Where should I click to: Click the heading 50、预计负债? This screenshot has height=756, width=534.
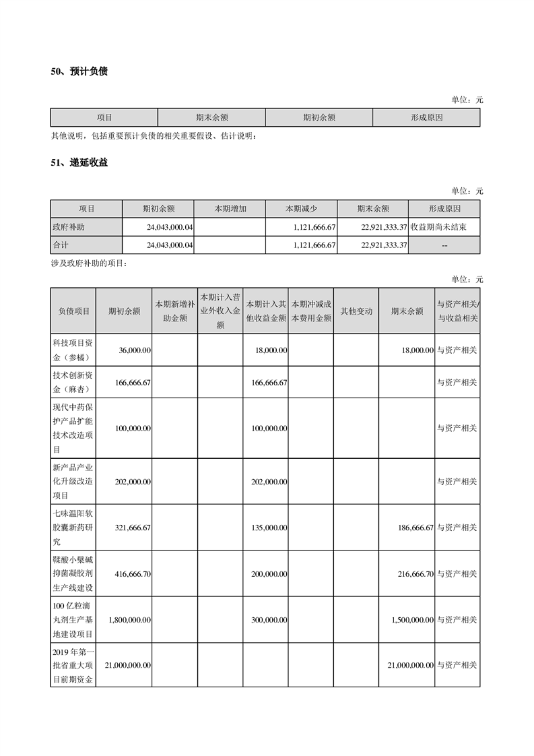click(x=79, y=71)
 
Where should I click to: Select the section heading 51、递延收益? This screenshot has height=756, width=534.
click(x=79, y=162)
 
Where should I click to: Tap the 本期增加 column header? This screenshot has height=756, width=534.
click(x=230, y=209)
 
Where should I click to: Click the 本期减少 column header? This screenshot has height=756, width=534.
click(x=302, y=209)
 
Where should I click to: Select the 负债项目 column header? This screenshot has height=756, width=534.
click(x=73, y=311)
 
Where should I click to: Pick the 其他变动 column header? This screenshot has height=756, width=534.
click(x=356, y=311)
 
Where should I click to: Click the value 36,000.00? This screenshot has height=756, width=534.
click(x=134, y=350)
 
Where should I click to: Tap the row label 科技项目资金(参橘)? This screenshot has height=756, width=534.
click(x=73, y=350)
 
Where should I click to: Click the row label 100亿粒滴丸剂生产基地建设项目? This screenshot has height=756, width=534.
click(x=73, y=619)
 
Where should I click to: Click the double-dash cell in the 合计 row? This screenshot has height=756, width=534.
click(x=444, y=245)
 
